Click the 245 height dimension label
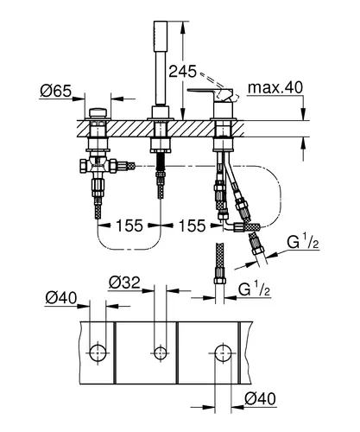182,72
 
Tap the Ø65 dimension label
56,92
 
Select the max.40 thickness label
275,87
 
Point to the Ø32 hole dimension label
124,283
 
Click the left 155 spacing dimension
129,226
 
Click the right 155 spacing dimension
193,226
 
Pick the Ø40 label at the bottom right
260,399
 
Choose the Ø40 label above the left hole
61,298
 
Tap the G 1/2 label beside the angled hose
303,243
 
